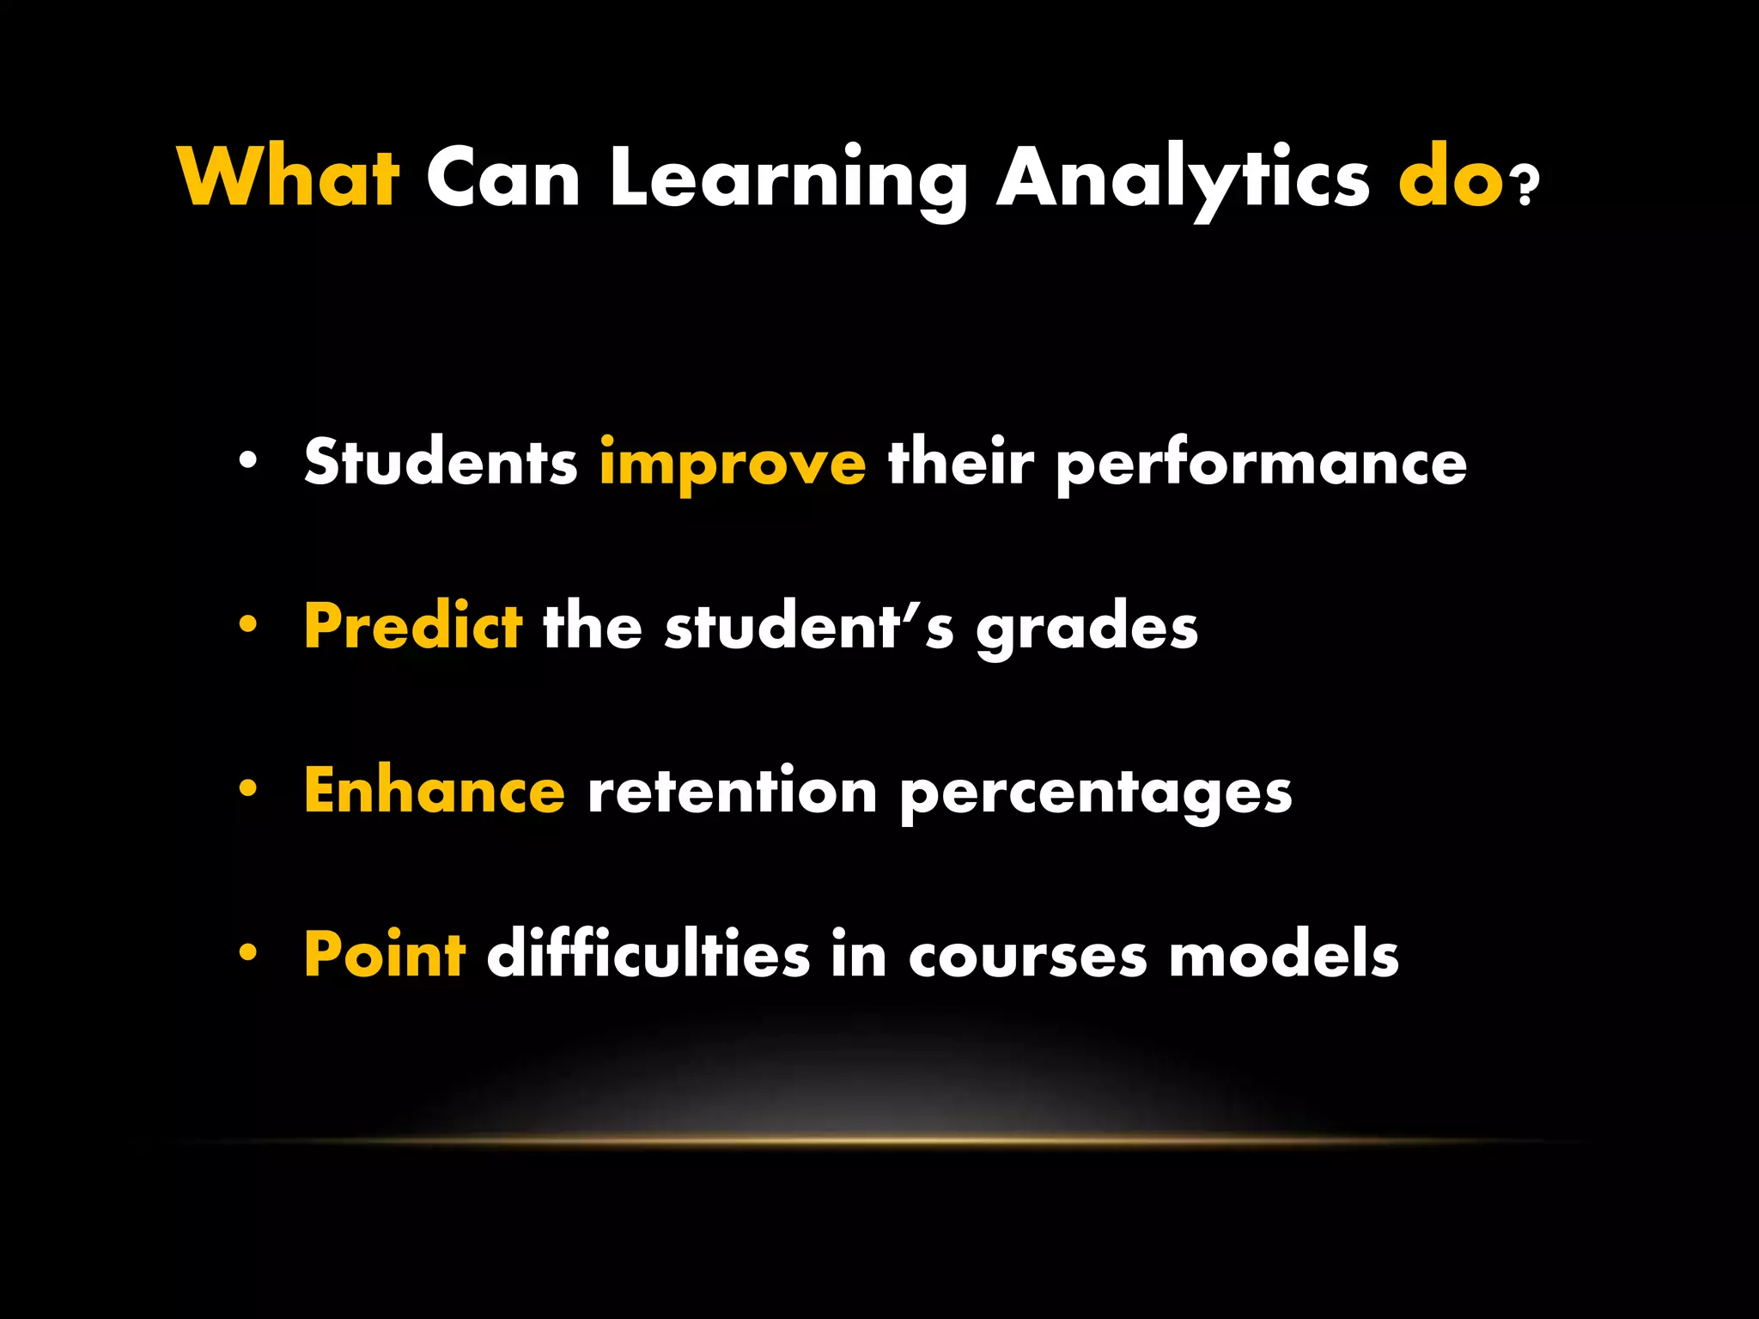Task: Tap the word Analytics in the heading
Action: tap(1183, 180)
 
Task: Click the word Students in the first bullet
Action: tap(441, 462)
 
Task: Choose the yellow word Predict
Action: tap(413, 626)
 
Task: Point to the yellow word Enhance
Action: tap(435, 790)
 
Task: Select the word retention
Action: tap(732, 790)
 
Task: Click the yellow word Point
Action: tap(385, 954)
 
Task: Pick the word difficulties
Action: tap(648, 954)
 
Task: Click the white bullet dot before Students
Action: tap(248, 462)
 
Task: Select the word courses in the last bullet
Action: tap(1027, 957)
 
